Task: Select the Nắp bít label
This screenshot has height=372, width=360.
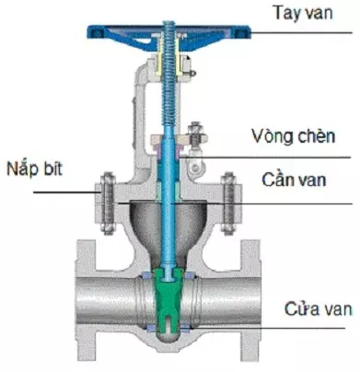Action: pos(38,169)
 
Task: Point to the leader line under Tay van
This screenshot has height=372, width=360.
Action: pos(276,33)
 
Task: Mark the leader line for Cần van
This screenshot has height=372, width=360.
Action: pos(267,202)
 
